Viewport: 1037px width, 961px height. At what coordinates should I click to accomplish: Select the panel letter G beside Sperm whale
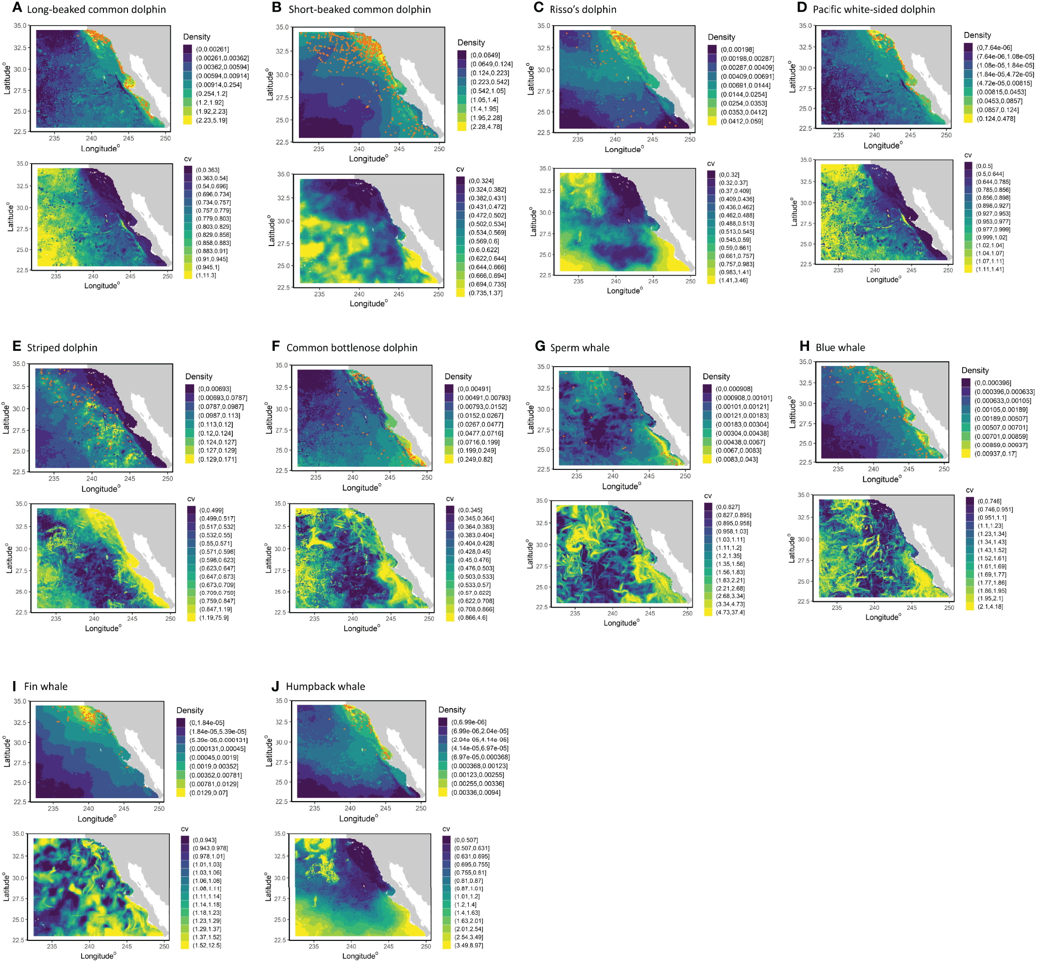point(540,346)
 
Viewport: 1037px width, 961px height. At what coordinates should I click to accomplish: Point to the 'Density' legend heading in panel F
point(457,376)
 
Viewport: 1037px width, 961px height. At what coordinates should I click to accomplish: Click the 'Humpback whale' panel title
point(325,686)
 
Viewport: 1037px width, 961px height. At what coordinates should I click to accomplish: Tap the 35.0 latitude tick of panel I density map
point(19,701)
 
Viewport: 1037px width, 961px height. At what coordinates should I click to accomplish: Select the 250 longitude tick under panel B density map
point(439,149)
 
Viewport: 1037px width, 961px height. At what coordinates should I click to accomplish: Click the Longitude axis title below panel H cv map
point(882,617)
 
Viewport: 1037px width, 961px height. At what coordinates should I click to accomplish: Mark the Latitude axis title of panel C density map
point(531,79)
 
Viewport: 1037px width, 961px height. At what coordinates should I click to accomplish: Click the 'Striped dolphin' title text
point(62,347)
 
